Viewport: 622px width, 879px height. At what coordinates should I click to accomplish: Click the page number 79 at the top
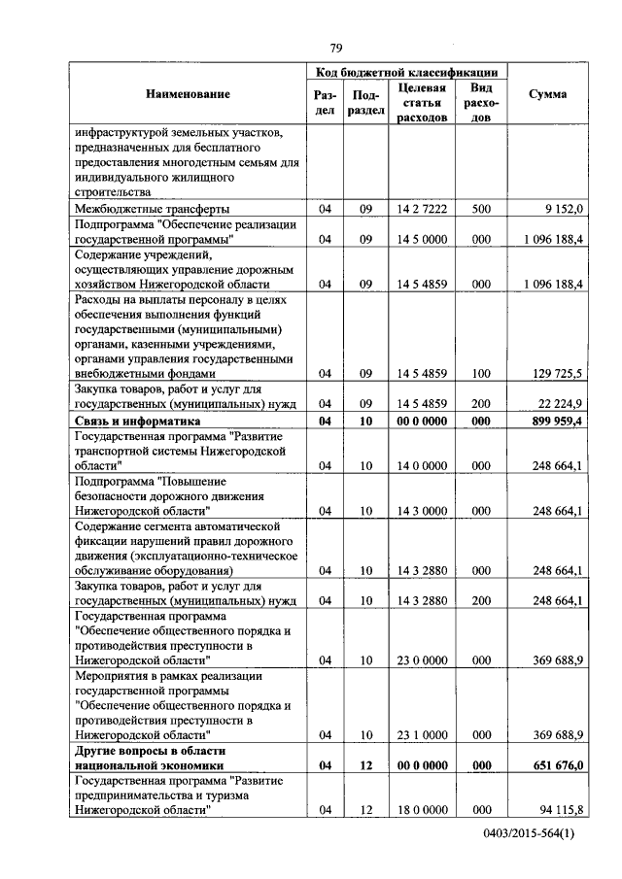[335, 49]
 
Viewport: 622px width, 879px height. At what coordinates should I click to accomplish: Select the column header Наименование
[189, 94]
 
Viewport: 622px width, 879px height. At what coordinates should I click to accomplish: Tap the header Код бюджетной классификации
[407, 72]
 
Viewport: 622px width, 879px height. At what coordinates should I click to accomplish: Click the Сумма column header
[548, 94]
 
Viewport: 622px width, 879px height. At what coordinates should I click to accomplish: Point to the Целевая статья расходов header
[423, 102]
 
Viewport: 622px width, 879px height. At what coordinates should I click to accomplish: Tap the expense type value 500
[480, 209]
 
